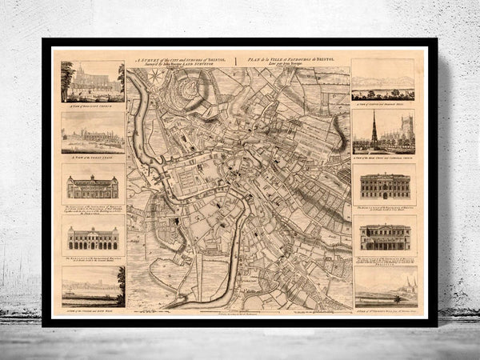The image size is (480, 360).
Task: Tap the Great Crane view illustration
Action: (90, 133)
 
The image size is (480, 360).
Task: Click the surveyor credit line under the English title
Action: (194, 64)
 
